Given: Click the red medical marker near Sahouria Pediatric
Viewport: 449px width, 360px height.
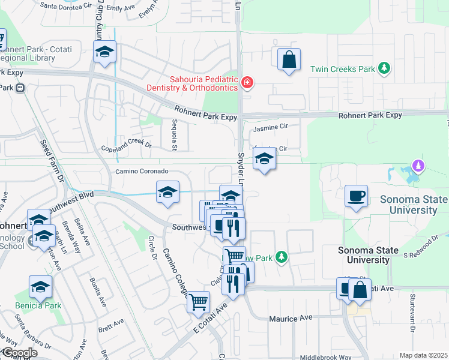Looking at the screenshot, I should pos(246,82).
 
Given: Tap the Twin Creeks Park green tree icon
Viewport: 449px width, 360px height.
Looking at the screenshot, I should pos(384,69).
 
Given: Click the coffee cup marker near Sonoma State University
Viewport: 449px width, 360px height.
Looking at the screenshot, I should pos(356,196).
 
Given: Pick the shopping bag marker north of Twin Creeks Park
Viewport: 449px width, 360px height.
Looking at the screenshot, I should pos(289,59).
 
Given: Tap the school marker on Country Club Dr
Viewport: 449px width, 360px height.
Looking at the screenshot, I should pos(104,52).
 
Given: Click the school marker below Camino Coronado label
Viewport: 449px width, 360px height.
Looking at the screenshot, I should pos(168,192).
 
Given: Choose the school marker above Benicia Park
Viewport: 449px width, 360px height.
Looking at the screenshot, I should pos(41,287).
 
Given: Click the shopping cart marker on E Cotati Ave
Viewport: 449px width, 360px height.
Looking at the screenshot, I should pos(198,302).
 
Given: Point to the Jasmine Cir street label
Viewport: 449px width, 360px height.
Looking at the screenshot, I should pos(271,127).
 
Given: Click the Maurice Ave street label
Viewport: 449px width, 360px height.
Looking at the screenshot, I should pos(291,319).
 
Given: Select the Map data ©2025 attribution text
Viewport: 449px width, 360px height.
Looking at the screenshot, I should pos(423,355).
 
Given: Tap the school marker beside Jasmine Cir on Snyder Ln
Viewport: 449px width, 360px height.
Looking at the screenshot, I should pos(264,160).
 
